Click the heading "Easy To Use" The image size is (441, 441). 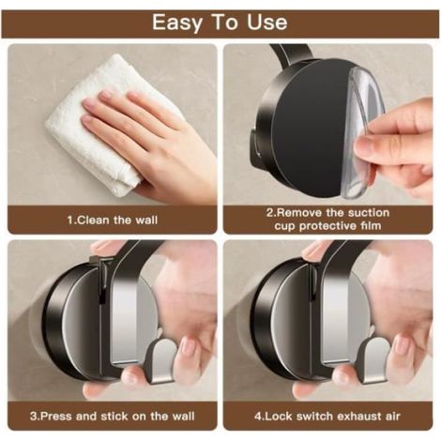pyautogui.click(x=220, y=23)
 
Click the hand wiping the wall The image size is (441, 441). pyautogui.click(x=150, y=138)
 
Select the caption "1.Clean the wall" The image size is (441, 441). pyautogui.click(x=113, y=220)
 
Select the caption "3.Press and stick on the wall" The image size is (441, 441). pyautogui.click(x=113, y=417)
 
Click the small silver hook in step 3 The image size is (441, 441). pyautogui.click(x=160, y=361)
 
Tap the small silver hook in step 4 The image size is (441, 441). pyautogui.click(x=373, y=361)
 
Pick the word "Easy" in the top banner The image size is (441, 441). pyautogui.click(x=177, y=23)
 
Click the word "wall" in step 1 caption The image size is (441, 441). pyautogui.click(x=146, y=220)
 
